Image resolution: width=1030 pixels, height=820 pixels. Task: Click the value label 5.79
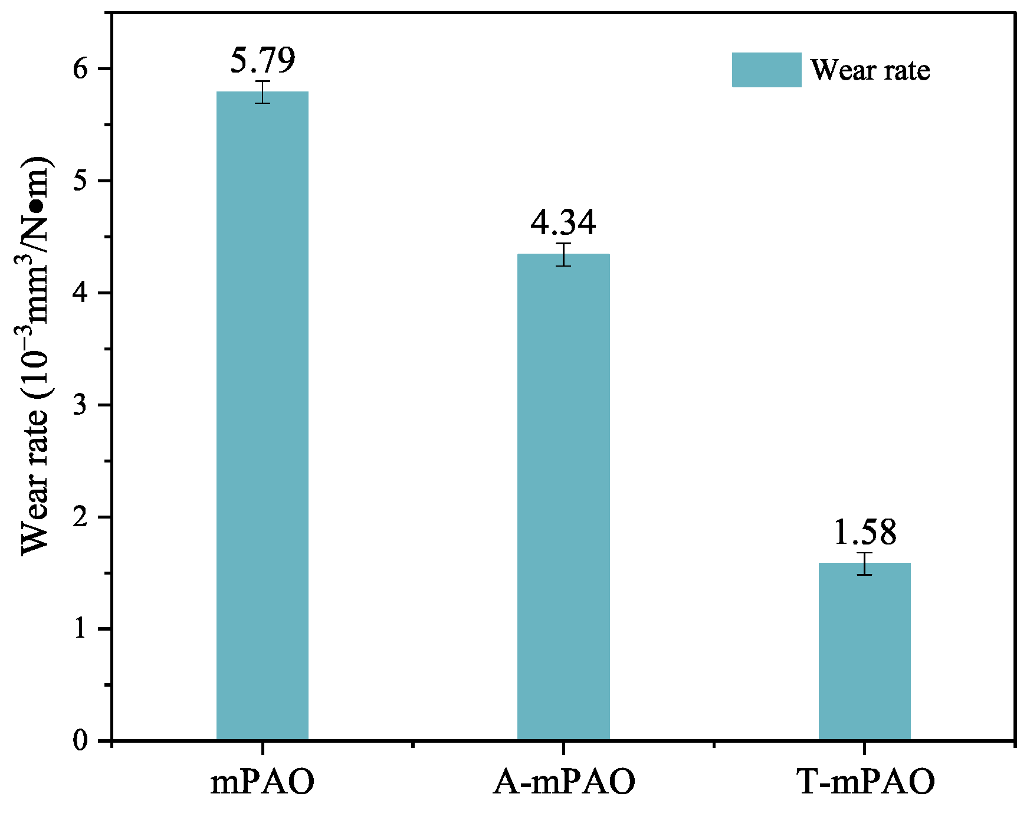click(263, 60)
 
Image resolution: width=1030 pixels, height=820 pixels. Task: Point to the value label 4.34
click(563, 222)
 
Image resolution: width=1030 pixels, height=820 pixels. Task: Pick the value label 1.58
click(864, 532)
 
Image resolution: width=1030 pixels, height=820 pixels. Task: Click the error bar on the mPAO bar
click(263, 92)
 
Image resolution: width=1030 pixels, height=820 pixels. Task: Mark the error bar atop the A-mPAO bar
click(563, 254)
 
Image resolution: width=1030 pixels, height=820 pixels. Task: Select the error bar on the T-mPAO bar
click(864, 563)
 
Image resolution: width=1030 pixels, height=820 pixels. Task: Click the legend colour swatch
click(766, 70)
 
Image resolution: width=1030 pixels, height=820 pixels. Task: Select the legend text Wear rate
click(870, 70)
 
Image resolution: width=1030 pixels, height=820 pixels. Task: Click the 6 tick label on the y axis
click(81, 69)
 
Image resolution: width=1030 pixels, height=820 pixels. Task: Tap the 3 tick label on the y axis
click(81, 405)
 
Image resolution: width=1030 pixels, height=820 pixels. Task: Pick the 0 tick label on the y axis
click(81, 741)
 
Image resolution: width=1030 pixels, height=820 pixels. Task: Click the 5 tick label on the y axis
click(81, 181)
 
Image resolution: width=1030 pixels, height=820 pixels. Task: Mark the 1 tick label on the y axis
click(81, 629)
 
